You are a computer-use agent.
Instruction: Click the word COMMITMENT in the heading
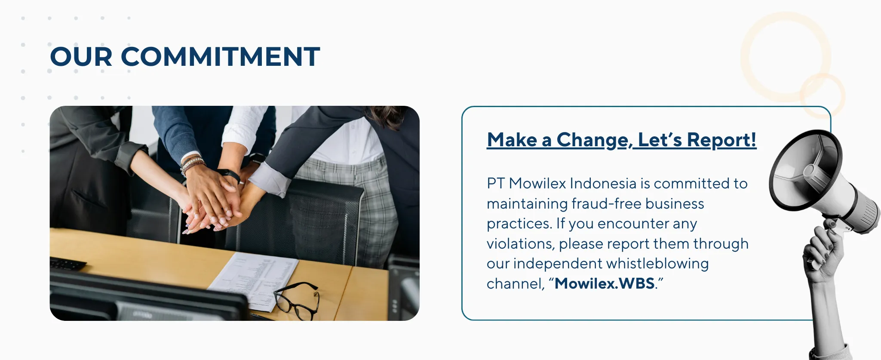tap(221, 57)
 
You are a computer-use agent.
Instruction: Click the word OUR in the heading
tap(81, 57)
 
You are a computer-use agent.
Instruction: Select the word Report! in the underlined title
tap(721, 140)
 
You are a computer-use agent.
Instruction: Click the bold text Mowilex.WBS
tap(605, 283)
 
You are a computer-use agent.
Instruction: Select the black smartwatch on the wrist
tap(229, 175)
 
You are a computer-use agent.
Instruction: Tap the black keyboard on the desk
tap(67, 263)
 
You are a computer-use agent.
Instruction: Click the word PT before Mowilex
tap(496, 183)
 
